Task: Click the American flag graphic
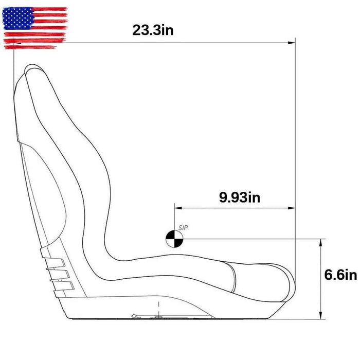pos(35,28)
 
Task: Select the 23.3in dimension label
pos(153,30)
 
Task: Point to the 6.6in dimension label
pos(340,275)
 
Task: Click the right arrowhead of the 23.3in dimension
pos(293,43)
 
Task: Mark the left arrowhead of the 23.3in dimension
pos(15,43)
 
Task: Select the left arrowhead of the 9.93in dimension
pos(177,208)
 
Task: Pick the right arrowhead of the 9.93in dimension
pos(293,208)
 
